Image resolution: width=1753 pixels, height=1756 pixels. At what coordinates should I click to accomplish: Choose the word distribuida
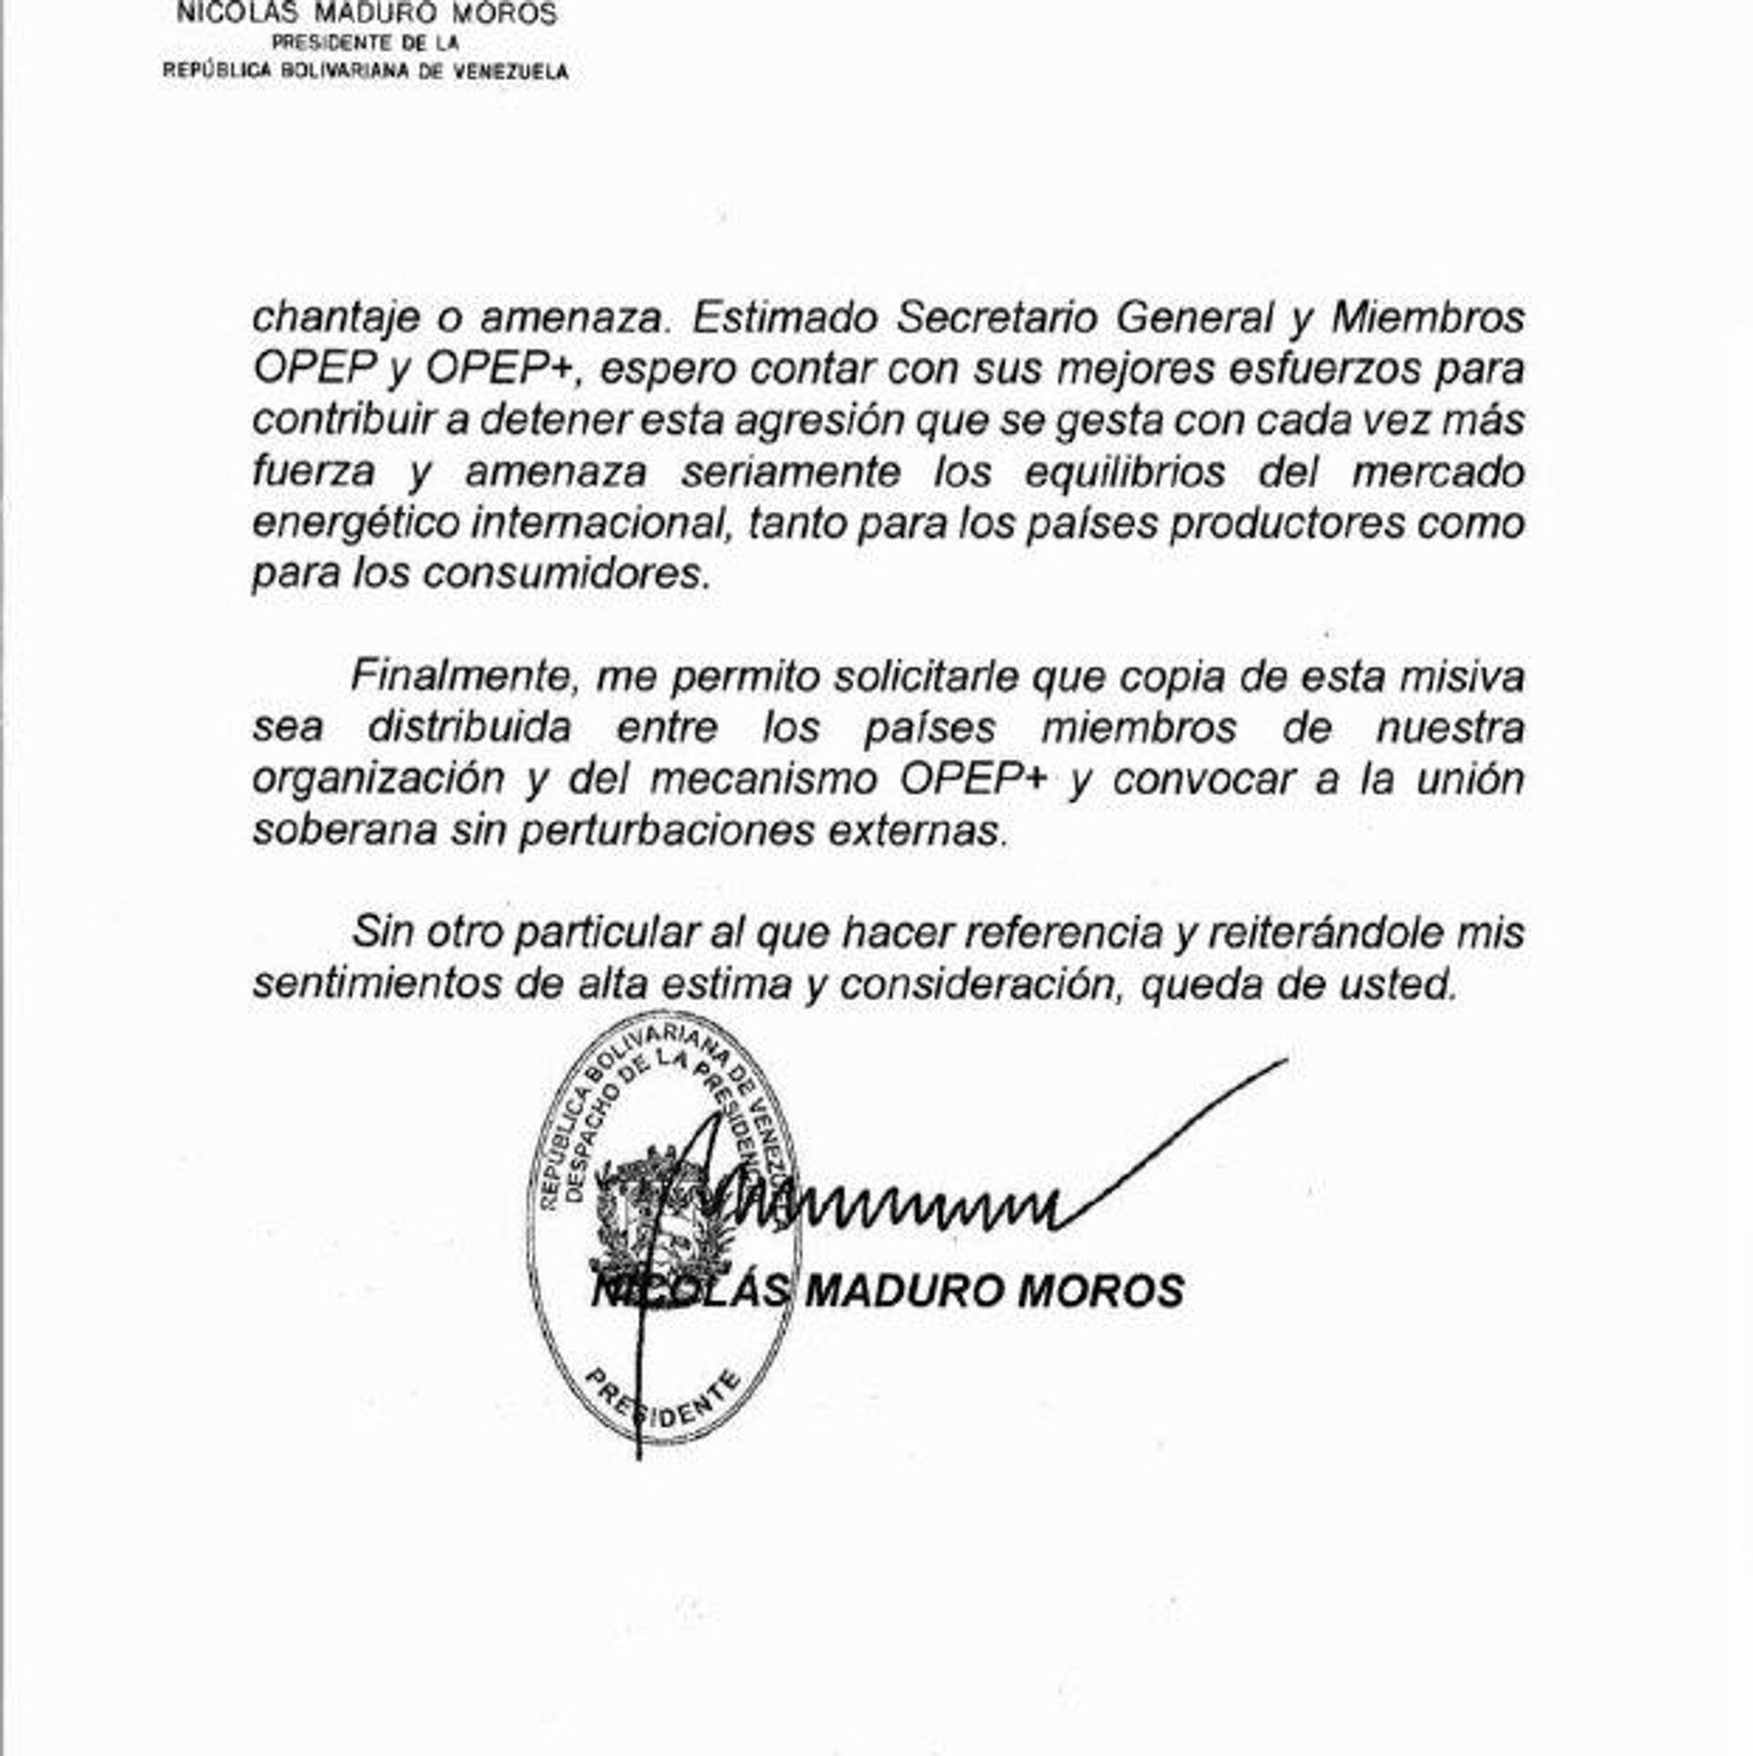tap(469, 729)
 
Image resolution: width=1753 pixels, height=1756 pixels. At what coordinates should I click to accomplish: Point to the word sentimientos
tap(376, 985)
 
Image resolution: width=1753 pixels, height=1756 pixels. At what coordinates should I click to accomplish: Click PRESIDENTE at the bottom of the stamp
tap(663, 1405)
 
